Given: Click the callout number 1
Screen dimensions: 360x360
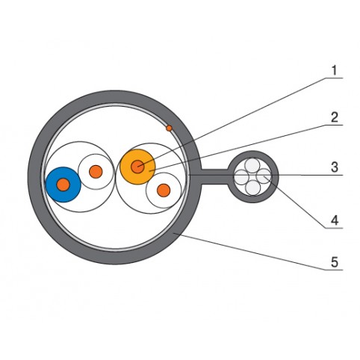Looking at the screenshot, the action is [334, 70].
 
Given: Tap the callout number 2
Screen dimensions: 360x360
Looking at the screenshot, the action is [335, 117].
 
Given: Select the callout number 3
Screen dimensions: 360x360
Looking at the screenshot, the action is [335, 167].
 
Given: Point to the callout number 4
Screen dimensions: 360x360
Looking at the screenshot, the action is [335, 220].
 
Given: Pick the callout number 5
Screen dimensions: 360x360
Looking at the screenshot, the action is [335, 262].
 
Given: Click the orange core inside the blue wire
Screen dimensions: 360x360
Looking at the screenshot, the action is [63, 184].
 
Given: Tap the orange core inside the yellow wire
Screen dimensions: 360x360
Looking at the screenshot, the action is [137, 167].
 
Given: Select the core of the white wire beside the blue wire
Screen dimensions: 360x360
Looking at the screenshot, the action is [96, 172].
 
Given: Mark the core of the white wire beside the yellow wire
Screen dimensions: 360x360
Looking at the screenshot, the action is [164, 190].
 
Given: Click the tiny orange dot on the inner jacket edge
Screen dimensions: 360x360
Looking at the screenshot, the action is [169, 128].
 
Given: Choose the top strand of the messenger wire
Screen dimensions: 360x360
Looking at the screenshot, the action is [252, 165].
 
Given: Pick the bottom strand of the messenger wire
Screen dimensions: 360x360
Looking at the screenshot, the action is [252, 187].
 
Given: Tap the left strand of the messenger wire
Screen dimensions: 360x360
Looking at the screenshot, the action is [241, 177].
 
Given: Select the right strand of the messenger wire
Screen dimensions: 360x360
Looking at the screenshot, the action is [264, 176].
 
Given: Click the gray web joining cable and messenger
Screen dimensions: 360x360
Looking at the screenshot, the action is [214, 177].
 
